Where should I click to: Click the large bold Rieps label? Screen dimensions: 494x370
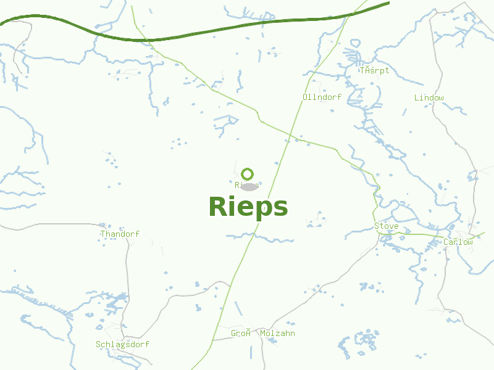(248, 207)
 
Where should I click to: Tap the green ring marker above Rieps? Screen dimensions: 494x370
(248, 174)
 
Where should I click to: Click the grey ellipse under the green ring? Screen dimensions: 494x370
(249, 186)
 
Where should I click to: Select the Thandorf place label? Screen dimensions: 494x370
(120, 234)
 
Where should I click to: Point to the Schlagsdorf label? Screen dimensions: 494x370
(122, 344)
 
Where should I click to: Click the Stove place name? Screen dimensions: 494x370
(387, 226)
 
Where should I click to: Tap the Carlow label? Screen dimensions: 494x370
(458, 242)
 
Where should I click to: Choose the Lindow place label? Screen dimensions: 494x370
(429, 98)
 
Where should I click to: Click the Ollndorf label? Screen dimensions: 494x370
(322, 97)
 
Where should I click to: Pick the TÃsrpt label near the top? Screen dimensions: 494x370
(375, 70)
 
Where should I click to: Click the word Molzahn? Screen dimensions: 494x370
(277, 334)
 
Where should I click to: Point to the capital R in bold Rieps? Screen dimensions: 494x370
(217, 207)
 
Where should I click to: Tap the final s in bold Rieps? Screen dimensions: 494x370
(280, 208)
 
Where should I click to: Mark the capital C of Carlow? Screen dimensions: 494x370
(446, 242)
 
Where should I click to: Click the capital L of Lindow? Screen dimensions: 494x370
(417, 98)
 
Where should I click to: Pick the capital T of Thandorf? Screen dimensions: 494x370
(103, 234)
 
